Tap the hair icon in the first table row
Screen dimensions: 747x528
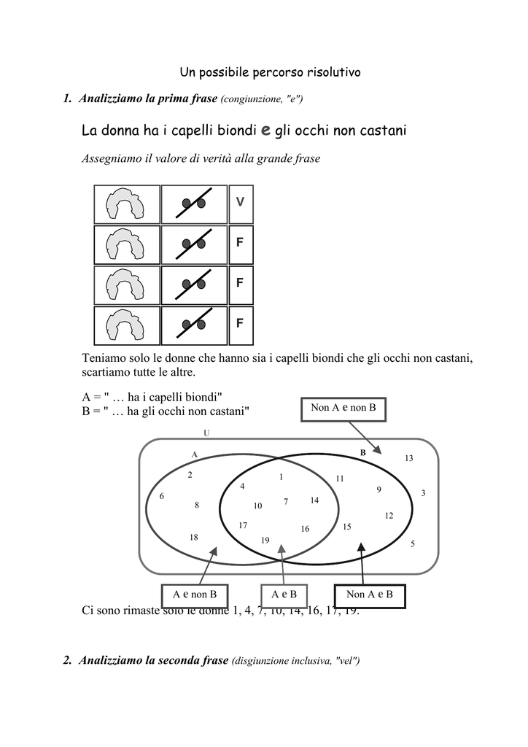pyautogui.click(x=127, y=204)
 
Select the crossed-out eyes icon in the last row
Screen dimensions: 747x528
pyautogui.click(x=194, y=325)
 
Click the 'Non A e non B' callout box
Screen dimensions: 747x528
pyautogui.click(x=343, y=409)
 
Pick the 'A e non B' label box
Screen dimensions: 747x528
pyautogui.click(x=195, y=595)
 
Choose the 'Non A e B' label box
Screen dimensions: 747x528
pyautogui.click(x=369, y=595)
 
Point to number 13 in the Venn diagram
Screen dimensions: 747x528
pyautogui.click(x=409, y=458)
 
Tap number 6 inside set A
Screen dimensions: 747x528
pyautogui.click(x=162, y=496)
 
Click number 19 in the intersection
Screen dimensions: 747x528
pyautogui.click(x=265, y=541)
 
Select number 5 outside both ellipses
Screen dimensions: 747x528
pyautogui.click(x=413, y=543)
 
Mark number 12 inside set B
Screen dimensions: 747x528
pyautogui.click(x=389, y=516)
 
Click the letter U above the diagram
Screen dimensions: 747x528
pyautogui.click(x=206, y=433)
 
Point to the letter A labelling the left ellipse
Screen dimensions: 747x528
pyautogui.click(x=194, y=454)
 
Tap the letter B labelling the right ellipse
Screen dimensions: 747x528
pyautogui.click(x=362, y=453)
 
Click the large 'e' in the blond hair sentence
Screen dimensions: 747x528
pyautogui.click(x=265, y=130)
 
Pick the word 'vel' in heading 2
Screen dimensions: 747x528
pyautogui.click(x=346, y=661)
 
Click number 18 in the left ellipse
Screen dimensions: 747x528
pyautogui.click(x=194, y=537)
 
